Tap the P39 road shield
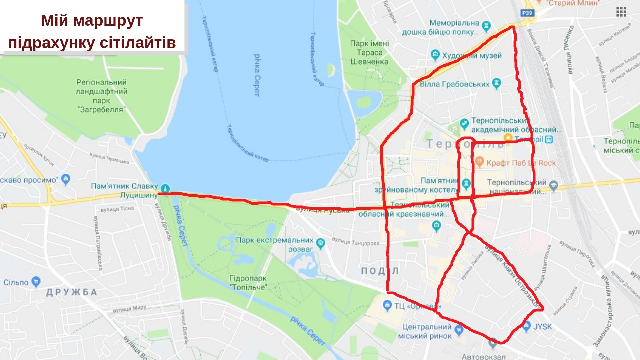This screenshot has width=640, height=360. click(527, 13)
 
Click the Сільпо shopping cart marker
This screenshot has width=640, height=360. click(36, 282)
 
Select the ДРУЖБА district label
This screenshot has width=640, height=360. click(71, 292)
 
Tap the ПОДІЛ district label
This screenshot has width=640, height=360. click(380, 271)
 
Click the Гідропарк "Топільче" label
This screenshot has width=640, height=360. click(248, 283)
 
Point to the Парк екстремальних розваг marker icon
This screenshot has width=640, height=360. click(320, 243)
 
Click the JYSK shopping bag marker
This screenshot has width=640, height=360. click(527, 326)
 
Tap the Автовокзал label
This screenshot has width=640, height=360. click(483, 357)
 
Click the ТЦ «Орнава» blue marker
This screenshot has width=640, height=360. click(387, 305)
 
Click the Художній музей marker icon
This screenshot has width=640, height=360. click(435, 55)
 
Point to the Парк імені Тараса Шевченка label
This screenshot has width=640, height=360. click(369, 53)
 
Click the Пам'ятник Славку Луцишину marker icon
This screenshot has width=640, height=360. click(165, 188)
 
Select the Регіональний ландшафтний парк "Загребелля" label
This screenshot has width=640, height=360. click(101, 96)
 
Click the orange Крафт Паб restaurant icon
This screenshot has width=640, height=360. click(479, 162)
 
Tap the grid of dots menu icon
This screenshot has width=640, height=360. click(621, 12)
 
